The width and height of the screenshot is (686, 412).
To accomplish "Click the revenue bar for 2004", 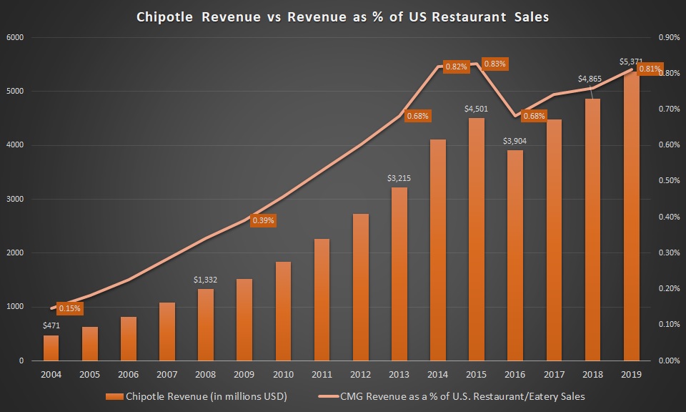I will coord(51,348).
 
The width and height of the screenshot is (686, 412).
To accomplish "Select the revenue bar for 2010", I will coord(282,311).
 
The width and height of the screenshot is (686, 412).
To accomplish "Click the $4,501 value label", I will coord(476,109).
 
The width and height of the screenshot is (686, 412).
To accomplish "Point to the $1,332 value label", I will coord(206,280).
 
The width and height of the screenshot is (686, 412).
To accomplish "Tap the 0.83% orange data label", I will coord(494,64).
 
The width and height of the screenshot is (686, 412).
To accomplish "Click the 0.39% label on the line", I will coord(263,220).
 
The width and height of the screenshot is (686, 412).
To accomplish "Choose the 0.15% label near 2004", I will coord(70,308).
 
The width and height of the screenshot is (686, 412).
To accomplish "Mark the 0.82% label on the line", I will coord(456,67).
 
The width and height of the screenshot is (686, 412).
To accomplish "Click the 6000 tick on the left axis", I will coord(14,37).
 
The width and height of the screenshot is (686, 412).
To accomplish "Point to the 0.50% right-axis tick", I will coord(669,181).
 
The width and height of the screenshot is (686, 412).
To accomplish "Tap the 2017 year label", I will coord(553,373).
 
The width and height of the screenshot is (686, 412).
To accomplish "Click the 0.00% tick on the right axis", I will coord(669,360).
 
